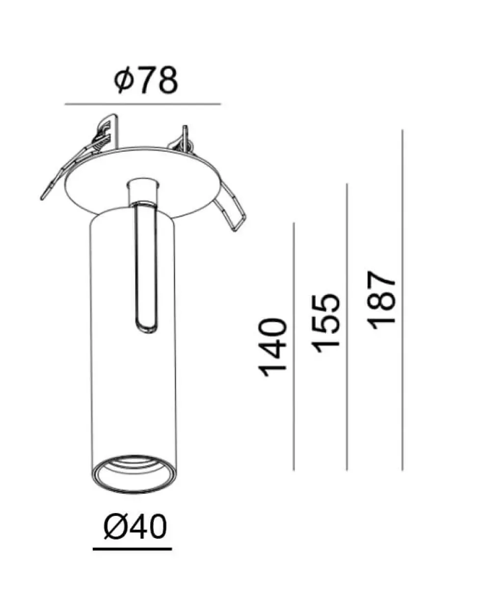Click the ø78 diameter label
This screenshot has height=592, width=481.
click(146, 80)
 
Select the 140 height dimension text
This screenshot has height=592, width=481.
click(272, 348)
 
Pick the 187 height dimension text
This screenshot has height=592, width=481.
click(381, 300)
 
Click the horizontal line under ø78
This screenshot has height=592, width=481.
click(143, 104)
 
